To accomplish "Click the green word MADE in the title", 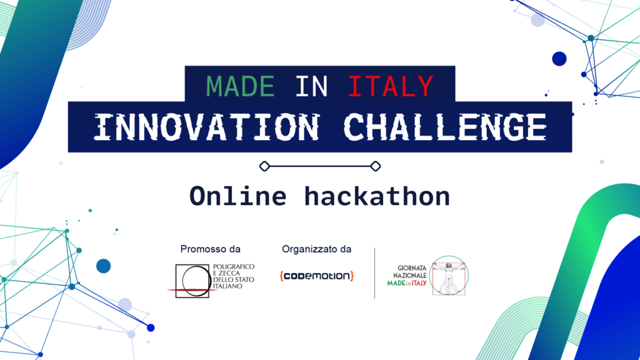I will coord(241,86).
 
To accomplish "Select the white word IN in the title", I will coord(311,86).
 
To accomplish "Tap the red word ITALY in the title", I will coord(390,86).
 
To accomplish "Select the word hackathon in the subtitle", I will coord(377,196).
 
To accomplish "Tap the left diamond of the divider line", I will coord(264,166).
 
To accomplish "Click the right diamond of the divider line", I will coord(375,166).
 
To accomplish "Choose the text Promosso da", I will coord(210,249).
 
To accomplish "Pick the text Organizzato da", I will coord(316,249).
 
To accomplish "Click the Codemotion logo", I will coord(317,276).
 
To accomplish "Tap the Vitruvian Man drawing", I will coord(449,275).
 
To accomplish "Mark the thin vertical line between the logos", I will coord(375,273).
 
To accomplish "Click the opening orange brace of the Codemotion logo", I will coord(282,276).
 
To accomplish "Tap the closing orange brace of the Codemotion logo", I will coord(352,276).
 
